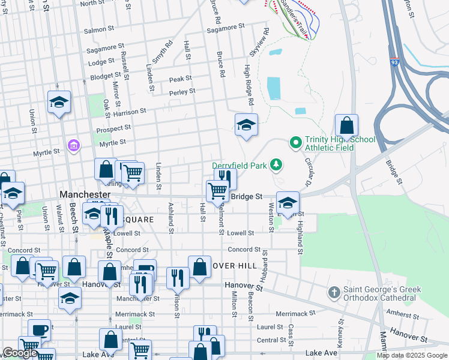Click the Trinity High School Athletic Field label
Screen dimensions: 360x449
coord(340,143)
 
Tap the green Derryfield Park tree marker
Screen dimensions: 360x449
coord(276,163)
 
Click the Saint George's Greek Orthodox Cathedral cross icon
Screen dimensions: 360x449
coord(334,293)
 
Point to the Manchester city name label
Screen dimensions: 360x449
coord(86,194)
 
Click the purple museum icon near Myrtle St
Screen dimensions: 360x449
coord(74,145)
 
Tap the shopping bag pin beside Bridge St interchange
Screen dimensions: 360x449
coord(346,127)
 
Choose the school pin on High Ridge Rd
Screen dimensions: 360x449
coord(246,126)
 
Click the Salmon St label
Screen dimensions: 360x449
coord(99,29)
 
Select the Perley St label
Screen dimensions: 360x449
coord(182,92)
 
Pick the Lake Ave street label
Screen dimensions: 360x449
coord(321,353)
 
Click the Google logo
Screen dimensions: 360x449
coord(20,353)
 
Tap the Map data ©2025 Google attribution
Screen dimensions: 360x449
coord(412,355)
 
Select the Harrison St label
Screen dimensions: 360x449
coord(129,112)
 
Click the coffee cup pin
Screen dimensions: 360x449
coord(40,331)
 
